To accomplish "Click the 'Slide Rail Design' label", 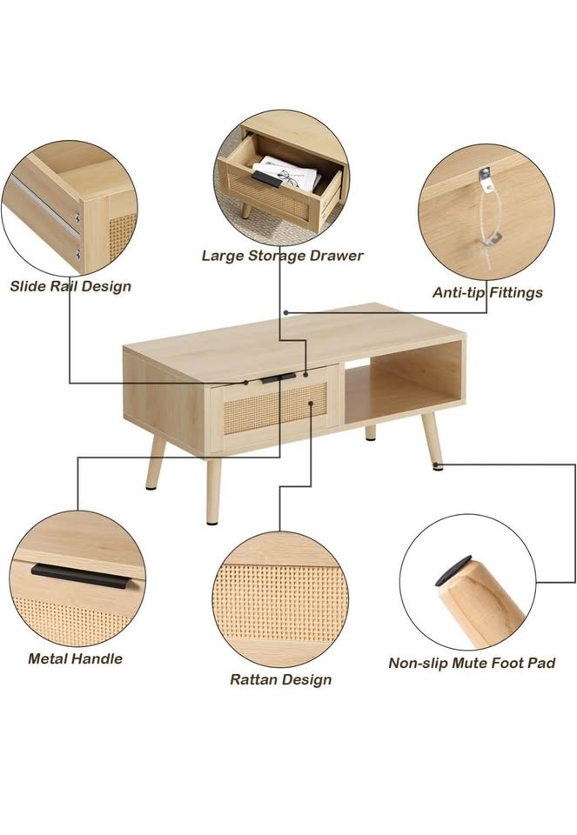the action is point(70,286).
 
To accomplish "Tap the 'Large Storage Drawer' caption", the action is point(282,256).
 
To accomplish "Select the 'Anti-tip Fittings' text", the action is point(487,293).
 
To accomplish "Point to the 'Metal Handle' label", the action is point(75,658).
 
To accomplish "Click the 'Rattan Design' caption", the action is point(281,680).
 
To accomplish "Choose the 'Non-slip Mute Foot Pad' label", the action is point(472,664).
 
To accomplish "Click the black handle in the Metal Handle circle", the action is point(80,576).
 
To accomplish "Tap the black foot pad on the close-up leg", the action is point(453,571).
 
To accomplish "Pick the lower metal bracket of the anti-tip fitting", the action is point(491,241).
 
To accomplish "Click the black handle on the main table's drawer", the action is point(278,378).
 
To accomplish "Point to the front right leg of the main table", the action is point(432,442).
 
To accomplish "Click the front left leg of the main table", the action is point(213,491).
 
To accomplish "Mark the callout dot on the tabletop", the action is point(286,313).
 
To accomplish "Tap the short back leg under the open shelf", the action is point(370,433).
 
